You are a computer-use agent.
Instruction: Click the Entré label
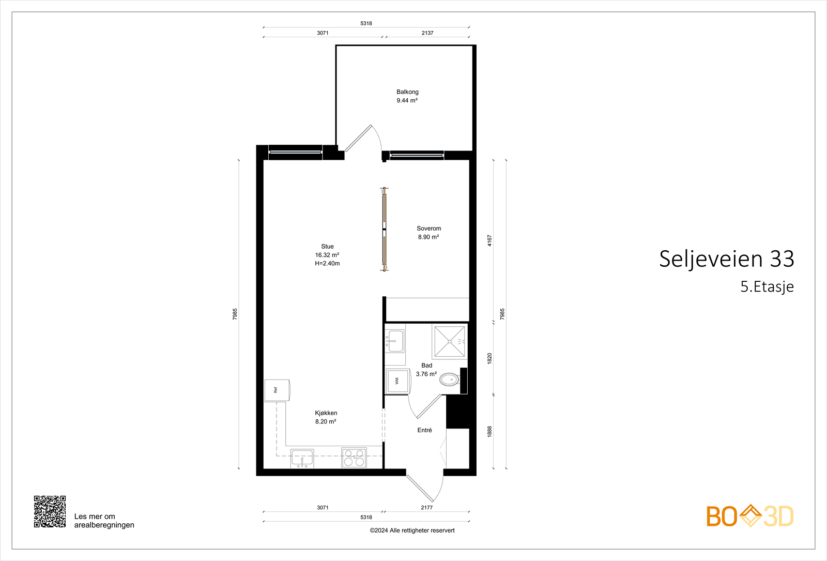(424, 430)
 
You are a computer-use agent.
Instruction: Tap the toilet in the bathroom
(449, 380)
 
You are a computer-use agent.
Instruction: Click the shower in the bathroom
(449, 341)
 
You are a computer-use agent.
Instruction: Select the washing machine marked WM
(397, 381)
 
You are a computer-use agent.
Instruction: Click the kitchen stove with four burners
(354, 458)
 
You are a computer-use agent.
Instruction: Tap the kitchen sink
(302, 458)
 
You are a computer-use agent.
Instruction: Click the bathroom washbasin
(395, 340)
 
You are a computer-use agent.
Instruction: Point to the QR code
(50, 511)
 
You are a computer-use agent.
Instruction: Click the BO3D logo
(749, 516)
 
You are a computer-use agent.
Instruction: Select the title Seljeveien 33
(726, 259)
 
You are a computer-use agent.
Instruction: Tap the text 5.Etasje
(767, 286)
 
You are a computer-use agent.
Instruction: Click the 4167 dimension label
(489, 240)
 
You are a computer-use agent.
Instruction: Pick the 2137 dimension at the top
(427, 33)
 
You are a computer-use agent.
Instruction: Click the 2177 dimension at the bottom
(426, 508)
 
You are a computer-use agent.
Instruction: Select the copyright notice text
(412, 530)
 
